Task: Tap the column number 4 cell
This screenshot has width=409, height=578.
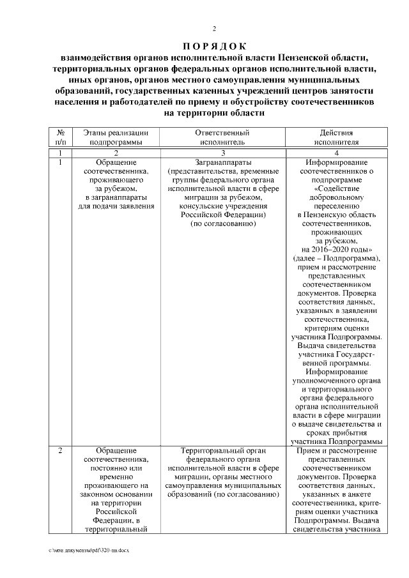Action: pyautogui.click(x=336, y=153)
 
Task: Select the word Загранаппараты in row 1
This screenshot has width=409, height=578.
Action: pyautogui.click(x=222, y=163)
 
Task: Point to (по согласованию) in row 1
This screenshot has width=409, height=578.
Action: pyautogui.click(x=222, y=224)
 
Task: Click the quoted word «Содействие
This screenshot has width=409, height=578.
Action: pyautogui.click(x=336, y=189)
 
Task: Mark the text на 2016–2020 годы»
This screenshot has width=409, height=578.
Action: pyautogui.click(x=336, y=250)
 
